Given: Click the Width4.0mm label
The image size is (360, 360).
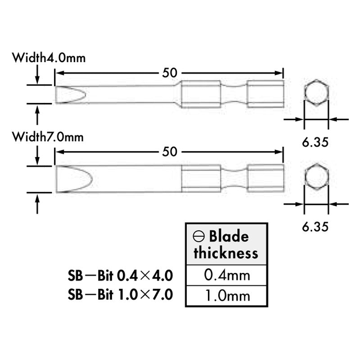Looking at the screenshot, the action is (49, 58).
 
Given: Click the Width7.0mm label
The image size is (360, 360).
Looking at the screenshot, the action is (48, 137).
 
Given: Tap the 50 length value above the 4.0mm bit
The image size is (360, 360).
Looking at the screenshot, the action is (170, 73).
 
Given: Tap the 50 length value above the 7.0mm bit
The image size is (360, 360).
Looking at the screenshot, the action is (170, 152).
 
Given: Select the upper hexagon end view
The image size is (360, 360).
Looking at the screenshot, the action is (316, 93).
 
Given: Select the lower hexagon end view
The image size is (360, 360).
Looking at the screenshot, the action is (316, 176).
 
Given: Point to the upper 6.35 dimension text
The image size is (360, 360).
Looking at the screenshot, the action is (315, 142).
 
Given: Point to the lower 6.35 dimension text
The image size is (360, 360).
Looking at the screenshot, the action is (315, 227).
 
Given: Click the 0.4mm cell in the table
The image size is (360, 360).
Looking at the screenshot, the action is (227, 275).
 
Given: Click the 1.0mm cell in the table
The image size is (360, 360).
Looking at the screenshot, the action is (227, 296).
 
